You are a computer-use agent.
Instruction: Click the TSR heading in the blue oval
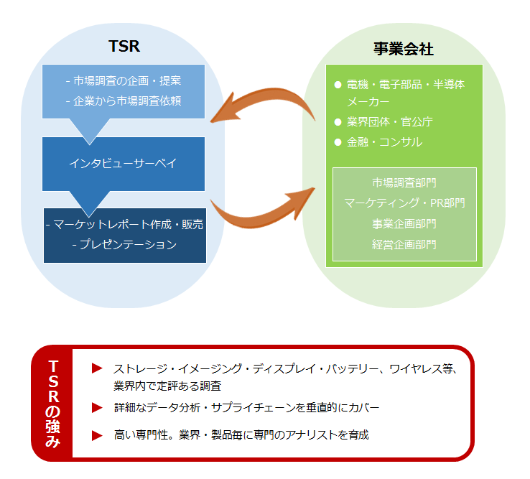[x=124, y=46]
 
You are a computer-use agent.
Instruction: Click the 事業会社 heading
[x=404, y=49]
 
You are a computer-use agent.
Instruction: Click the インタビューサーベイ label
[x=123, y=163]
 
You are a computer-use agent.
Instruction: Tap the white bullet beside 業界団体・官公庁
[x=338, y=122]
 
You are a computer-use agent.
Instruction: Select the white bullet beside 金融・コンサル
[x=338, y=142]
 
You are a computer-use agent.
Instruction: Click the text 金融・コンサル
[x=385, y=142]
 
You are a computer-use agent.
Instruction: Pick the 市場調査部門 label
[x=404, y=182]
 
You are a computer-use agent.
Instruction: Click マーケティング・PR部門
[x=404, y=203]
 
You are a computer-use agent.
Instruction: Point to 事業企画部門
[x=404, y=224]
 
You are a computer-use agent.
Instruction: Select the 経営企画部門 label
[x=404, y=244]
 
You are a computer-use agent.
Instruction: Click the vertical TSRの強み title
[x=53, y=404]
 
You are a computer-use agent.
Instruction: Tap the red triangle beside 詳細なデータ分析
[x=97, y=408]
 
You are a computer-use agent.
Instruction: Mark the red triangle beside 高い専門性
[x=97, y=435]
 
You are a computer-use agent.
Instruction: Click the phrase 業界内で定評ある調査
[x=167, y=386]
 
